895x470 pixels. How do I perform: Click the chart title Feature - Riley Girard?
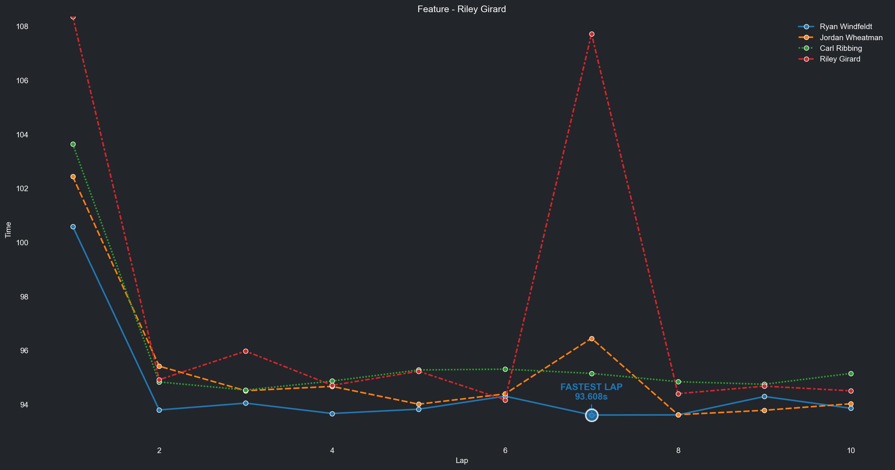click(x=461, y=9)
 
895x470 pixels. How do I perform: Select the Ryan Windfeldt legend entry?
click(x=846, y=27)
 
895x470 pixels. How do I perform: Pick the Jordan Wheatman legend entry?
click(x=851, y=38)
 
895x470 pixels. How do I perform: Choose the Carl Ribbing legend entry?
click(x=841, y=48)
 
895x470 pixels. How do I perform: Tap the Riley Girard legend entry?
click(x=840, y=59)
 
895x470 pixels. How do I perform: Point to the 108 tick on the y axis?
click(x=22, y=27)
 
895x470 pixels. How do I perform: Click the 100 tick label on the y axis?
click(x=22, y=243)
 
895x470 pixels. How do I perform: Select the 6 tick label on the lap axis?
click(x=505, y=450)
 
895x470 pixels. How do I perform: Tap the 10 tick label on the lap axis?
click(x=850, y=450)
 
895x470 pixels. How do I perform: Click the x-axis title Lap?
click(x=461, y=460)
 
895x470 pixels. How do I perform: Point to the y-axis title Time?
click(x=8, y=230)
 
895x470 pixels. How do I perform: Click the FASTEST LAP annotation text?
click(x=591, y=387)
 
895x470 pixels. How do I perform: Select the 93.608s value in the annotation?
click(x=591, y=397)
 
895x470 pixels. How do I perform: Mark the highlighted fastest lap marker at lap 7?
click(x=592, y=415)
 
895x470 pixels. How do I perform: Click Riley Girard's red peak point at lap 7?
click(x=592, y=34)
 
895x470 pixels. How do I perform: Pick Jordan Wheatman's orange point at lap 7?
click(x=592, y=339)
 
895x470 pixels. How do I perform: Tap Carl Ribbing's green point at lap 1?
click(x=73, y=144)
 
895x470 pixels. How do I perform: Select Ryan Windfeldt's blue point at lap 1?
click(x=73, y=227)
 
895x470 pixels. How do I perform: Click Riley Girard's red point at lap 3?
click(x=246, y=351)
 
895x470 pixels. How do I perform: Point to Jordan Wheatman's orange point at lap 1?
click(x=73, y=177)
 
